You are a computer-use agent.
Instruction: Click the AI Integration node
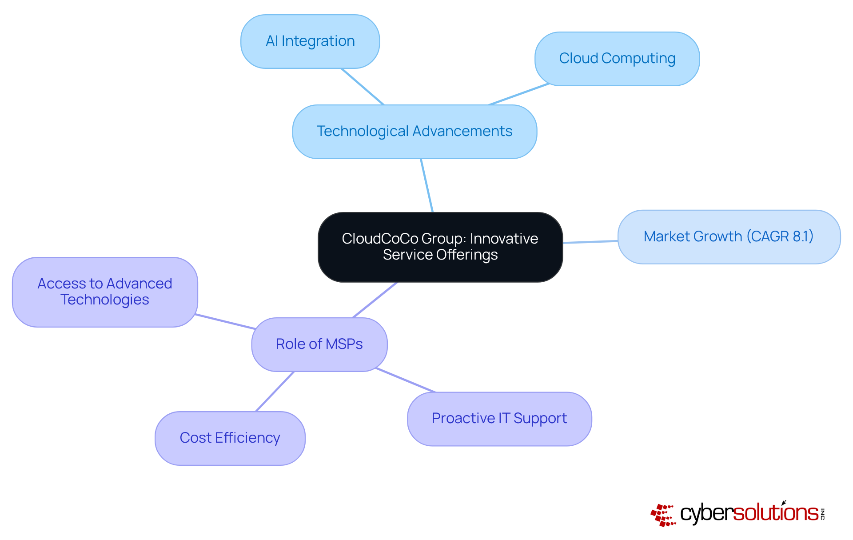point(310,41)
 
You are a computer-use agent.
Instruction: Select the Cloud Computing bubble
point(617,59)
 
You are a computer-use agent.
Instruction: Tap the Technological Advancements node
point(415,132)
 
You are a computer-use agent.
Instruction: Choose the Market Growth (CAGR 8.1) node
point(729,237)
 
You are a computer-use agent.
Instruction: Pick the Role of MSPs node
point(319,344)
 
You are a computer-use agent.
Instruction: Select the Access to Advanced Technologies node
point(105,292)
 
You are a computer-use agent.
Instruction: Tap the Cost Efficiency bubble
point(230,438)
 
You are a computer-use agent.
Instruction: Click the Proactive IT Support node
point(499,419)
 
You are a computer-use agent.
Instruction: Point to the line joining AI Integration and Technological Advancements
point(362,86)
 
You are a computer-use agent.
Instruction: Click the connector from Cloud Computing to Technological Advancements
point(519,94)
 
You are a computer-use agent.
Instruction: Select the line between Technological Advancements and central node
point(426,185)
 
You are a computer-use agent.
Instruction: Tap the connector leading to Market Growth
point(590,242)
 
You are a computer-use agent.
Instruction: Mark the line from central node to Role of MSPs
point(375,300)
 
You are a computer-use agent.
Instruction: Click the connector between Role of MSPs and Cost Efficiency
point(275,392)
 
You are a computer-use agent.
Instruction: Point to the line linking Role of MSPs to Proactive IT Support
point(405,380)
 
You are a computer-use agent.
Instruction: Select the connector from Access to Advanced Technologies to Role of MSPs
point(225,321)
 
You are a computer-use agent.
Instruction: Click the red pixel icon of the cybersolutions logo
point(663,515)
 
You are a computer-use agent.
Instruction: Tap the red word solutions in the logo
point(776,513)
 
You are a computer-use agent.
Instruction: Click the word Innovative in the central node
point(504,239)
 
